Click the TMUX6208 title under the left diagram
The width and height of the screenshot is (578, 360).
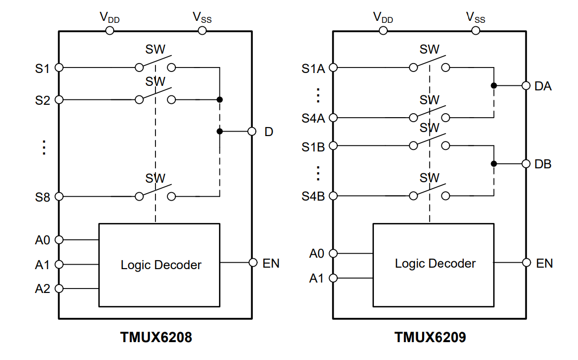[x=156, y=338]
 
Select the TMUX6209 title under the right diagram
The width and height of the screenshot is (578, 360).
[x=430, y=338]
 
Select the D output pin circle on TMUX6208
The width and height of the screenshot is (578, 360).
[x=252, y=132]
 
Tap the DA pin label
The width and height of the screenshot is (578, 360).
[x=543, y=86]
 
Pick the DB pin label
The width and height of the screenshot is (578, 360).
[x=543, y=164]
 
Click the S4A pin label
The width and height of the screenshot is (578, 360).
[x=313, y=118]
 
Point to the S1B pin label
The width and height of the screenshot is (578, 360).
[x=313, y=146]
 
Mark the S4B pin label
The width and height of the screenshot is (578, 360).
[x=313, y=196]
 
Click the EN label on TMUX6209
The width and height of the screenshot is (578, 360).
[x=544, y=263]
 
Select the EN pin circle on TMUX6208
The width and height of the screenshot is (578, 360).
[x=253, y=263]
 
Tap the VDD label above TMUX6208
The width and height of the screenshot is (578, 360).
[x=110, y=17]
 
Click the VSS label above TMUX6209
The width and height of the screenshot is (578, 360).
[x=475, y=17]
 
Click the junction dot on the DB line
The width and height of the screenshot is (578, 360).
[x=494, y=164]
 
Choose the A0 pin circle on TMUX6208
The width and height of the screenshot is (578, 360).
[x=59, y=240]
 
